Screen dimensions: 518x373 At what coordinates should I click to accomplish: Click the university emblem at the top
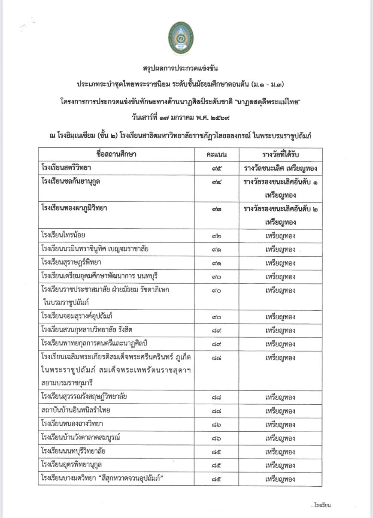[180, 39]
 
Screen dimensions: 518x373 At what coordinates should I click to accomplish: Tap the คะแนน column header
[216, 154]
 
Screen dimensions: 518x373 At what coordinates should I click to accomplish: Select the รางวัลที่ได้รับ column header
[280, 154]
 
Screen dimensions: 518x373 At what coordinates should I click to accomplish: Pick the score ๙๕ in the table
[216, 169]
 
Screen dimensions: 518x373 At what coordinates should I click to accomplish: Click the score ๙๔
[216, 182]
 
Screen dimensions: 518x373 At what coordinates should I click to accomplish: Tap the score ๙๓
[216, 209]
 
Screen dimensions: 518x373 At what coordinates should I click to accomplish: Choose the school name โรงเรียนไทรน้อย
[63, 235]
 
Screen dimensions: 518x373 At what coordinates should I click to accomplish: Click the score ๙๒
[216, 236]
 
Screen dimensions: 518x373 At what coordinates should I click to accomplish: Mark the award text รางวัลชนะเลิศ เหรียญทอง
[280, 169]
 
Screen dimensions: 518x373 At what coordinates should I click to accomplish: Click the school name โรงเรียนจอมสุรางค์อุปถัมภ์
[77, 317]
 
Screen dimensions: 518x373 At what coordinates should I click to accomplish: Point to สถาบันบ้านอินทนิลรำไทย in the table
[76, 410]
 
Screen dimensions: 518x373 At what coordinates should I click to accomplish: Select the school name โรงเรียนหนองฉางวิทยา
[72, 424]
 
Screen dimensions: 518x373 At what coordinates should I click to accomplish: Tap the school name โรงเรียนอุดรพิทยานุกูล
[72, 464]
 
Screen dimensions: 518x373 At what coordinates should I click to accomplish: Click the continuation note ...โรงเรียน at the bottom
[321, 505]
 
